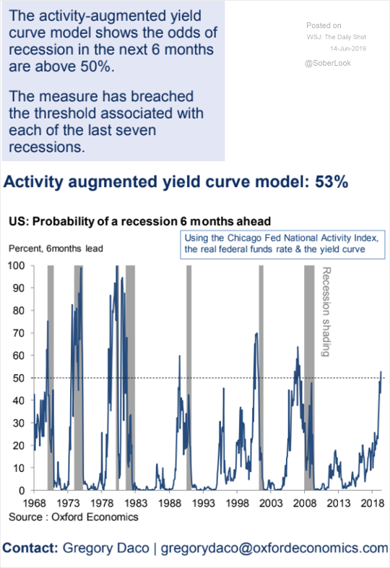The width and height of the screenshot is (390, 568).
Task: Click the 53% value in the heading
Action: tap(331, 182)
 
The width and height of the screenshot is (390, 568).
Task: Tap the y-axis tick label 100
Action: tap(17, 265)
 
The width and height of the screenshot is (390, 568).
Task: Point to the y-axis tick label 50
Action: tap(19, 378)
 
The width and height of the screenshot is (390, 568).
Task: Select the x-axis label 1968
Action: tap(35, 503)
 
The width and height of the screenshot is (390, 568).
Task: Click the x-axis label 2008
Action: tap(305, 503)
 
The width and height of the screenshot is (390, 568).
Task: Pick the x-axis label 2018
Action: tap(372, 503)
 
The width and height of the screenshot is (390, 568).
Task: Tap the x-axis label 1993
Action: tap(203, 503)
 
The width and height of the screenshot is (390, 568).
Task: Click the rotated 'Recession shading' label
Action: tap(326, 312)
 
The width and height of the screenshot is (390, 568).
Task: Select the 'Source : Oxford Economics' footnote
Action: tap(74, 517)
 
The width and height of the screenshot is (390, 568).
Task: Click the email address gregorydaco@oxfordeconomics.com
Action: tap(274, 548)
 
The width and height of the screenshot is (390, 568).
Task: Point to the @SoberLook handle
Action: tap(328, 63)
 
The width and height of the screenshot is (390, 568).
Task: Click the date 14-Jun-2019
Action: tap(348, 48)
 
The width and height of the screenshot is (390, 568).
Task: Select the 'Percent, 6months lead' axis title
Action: tap(56, 249)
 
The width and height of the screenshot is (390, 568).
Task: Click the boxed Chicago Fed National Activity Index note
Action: tap(282, 244)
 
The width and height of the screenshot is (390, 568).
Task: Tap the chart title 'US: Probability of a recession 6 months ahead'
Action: tap(140, 221)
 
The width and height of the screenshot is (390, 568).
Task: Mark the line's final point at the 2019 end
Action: tap(381, 371)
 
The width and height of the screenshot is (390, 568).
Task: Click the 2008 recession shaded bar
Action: tap(309, 378)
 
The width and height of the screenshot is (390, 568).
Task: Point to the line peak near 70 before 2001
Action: tap(256, 333)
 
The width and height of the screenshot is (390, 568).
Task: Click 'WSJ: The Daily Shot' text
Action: tap(337, 37)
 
